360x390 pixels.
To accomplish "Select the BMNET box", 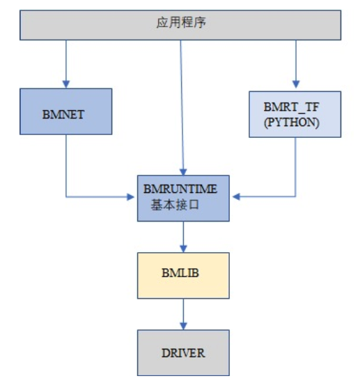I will [66, 111].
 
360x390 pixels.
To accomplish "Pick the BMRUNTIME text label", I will [180, 189].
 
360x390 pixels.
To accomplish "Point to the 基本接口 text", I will [174, 205].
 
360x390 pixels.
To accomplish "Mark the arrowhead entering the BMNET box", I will [66, 84].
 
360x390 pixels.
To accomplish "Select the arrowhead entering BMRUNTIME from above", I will [182, 171].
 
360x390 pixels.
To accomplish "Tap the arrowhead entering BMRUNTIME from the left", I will [132, 197].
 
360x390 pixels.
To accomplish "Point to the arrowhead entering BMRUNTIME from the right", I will [235, 197].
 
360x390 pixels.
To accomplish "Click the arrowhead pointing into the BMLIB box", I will [183, 248].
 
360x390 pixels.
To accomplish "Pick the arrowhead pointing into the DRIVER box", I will [183, 327].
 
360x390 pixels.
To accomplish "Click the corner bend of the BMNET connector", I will [66, 197].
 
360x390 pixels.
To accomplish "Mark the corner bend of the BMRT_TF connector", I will [295, 197].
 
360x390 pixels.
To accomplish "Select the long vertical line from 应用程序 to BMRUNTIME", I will [182, 104].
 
